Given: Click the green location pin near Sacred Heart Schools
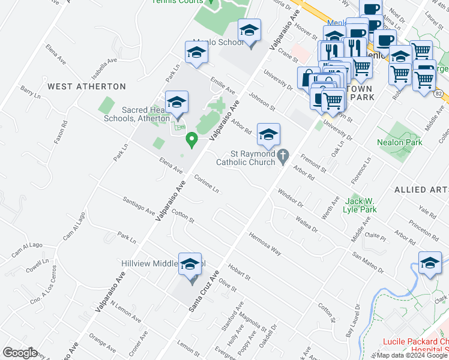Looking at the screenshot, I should click(192, 140).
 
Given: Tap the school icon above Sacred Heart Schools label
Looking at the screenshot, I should click(176, 103).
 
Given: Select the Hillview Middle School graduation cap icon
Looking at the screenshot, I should click(190, 265).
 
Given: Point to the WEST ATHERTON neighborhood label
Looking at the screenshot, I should click(86, 86).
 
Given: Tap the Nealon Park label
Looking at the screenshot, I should click(400, 142).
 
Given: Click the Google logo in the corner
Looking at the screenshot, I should click(20, 353).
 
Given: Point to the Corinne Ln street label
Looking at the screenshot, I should click(206, 183).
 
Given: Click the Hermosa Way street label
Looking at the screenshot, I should click(265, 243).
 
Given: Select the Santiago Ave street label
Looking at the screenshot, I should click(138, 205).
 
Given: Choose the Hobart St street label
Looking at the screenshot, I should click(239, 270).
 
